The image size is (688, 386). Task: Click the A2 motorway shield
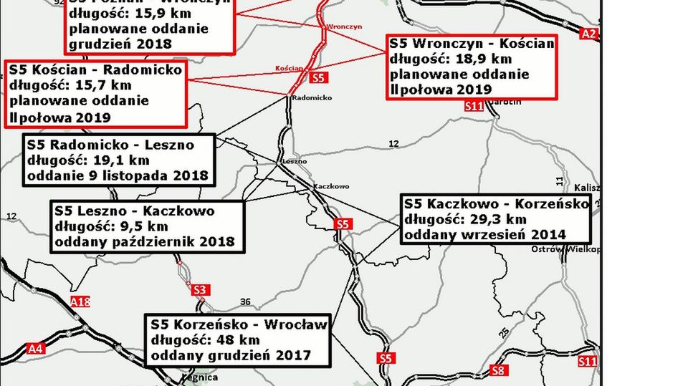click(x=588, y=33)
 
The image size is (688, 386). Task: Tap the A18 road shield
click(x=81, y=301)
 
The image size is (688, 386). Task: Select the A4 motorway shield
click(x=35, y=349)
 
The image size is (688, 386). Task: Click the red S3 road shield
click(x=201, y=289)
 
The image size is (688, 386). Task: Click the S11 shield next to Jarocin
click(x=474, y=106)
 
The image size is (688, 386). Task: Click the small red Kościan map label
click(x=289, y=69)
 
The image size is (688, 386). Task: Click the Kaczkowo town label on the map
click(x=330, y=186)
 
